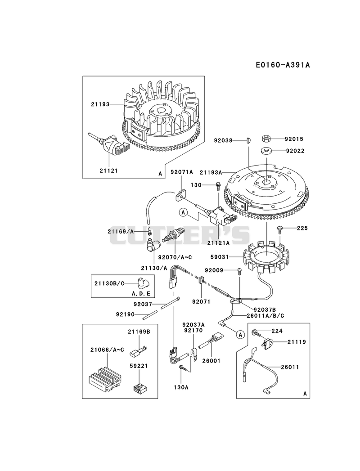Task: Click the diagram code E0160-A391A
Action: coord(283,65)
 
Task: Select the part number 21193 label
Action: coord(100,104)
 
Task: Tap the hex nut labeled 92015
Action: coord(265,139)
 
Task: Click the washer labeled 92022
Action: coord(266,151)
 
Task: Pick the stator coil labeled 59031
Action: coord(265,256)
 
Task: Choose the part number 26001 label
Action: coord(211,360)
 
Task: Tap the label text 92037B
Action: coord(265,310)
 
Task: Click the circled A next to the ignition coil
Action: coord(183,212)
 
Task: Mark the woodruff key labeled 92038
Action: coord(249,140)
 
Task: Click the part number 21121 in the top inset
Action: coord(109,170)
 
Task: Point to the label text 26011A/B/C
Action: coord(265,316)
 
